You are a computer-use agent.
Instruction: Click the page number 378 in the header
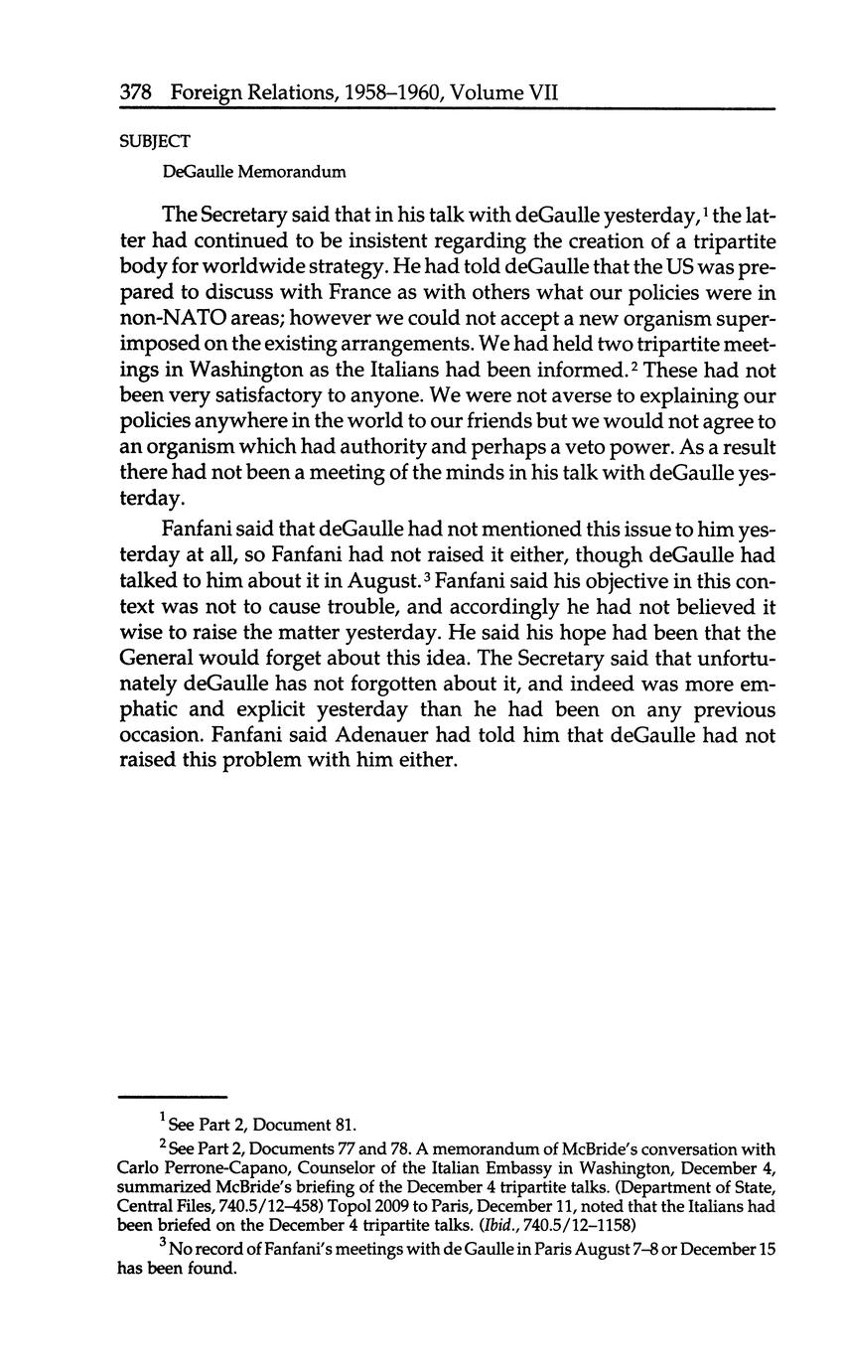click(x=134, y=92)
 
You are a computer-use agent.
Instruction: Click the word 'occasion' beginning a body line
click(x=162, y=736)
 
